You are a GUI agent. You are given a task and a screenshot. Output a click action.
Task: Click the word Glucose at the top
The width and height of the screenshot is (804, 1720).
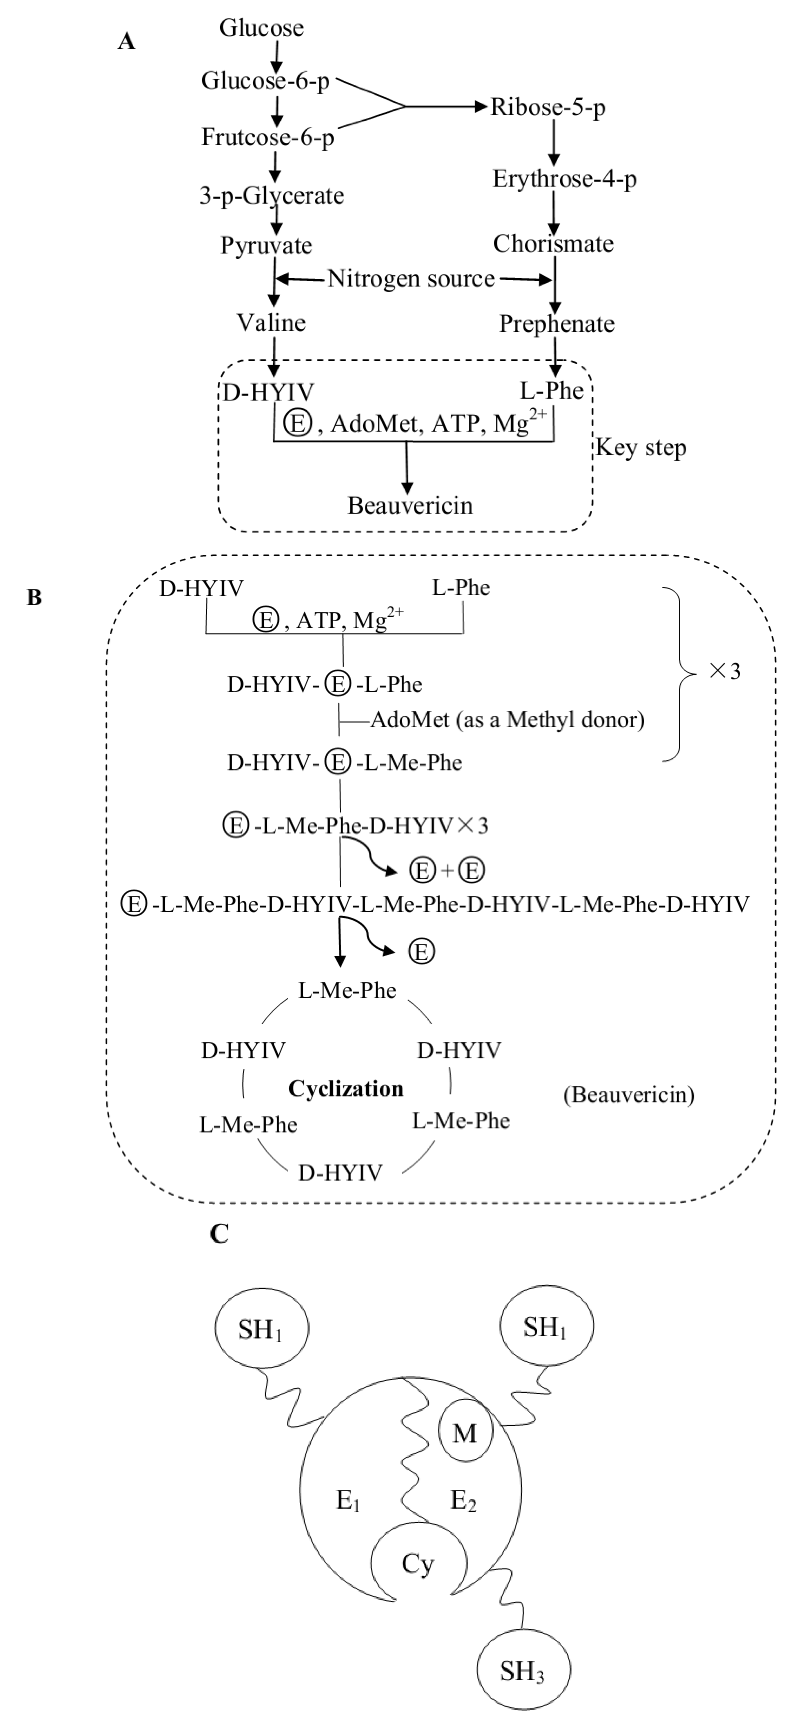coord(261,28)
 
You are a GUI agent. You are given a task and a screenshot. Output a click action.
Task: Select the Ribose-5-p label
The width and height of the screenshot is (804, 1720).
coord(548,107)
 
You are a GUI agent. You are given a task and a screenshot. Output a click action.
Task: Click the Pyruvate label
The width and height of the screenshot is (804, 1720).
coord(266,246)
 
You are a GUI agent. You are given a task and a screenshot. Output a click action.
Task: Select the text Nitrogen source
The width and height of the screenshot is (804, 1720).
coord(411,279)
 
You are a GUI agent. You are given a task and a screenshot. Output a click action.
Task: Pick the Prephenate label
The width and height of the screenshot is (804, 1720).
coord(556,324)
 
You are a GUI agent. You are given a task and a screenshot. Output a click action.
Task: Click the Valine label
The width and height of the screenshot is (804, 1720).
coord(271,323)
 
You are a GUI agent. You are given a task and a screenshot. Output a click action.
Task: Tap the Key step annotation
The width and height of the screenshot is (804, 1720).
coord(641,447)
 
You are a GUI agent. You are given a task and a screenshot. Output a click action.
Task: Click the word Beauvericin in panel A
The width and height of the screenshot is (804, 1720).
coord(410,505)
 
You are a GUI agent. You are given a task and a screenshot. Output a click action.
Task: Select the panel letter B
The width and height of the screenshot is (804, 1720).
coord(35,598)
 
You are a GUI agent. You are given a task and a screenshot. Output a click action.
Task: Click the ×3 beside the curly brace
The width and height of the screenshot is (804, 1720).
coord(725,671)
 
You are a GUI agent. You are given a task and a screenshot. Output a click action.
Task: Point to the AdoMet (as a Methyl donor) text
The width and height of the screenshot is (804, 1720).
coord(507,720)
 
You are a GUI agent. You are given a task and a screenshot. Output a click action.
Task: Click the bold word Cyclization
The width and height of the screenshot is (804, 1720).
coord(345,1089)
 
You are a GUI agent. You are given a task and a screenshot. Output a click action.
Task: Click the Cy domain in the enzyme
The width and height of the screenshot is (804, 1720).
coord(418,1564)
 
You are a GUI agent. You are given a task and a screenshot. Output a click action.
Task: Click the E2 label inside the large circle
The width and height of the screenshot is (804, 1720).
coord(463,1501)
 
